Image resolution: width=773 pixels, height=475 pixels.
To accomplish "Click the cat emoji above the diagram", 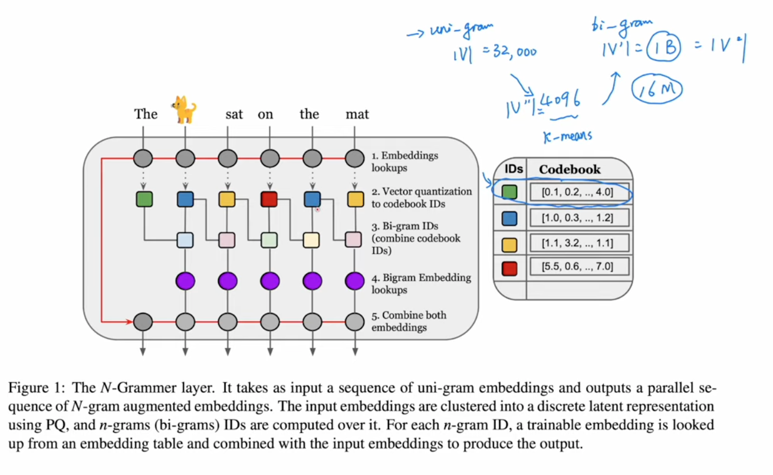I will point(185,110).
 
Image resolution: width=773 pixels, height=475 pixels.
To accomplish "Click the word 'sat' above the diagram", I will point(234,114).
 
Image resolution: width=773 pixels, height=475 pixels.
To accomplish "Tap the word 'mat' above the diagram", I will point(357,114).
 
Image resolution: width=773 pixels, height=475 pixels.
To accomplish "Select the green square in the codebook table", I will point(509,192).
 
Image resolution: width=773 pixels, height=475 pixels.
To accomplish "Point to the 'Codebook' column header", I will point(570,169).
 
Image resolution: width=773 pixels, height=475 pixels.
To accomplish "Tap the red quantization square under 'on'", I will point(269,199).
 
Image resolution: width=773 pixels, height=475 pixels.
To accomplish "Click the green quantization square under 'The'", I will point(144,199).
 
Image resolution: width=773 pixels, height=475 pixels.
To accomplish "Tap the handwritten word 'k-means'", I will point(567,136).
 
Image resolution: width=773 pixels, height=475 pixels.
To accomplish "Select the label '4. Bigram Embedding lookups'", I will point(420,283).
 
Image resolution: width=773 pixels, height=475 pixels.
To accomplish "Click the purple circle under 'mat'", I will point(354,280).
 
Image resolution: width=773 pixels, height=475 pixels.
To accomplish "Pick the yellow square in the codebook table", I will point(509,243).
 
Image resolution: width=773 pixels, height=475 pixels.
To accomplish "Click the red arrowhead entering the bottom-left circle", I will point(129,322).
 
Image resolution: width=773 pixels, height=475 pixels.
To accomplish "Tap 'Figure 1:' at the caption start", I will point(36,388).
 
